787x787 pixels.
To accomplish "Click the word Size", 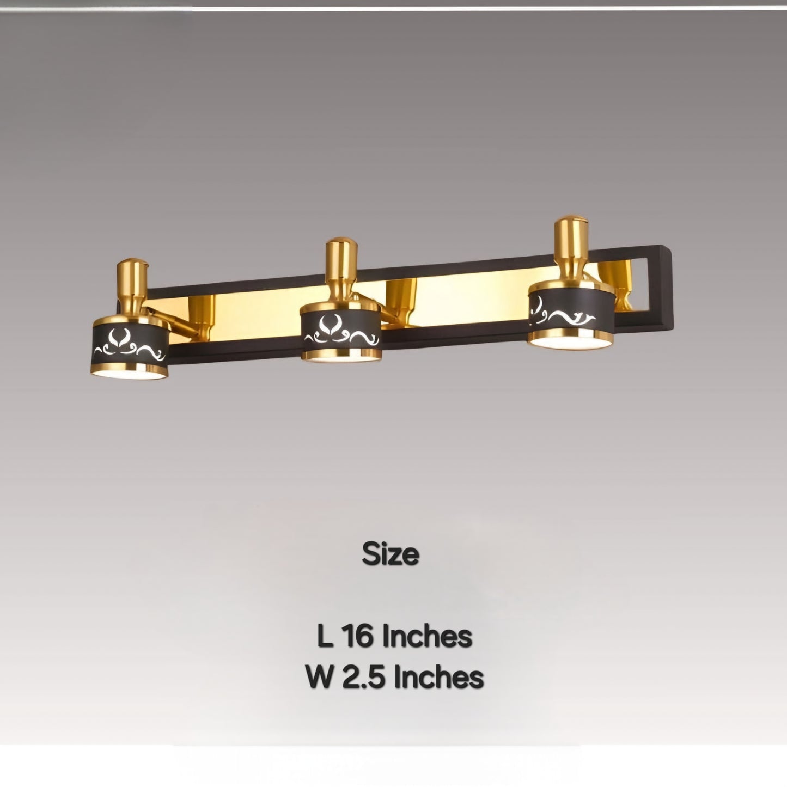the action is pyautogui.click(x=391, y=554).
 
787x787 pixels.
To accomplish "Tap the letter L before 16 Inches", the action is pyautogui.click(x=325, y=636).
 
